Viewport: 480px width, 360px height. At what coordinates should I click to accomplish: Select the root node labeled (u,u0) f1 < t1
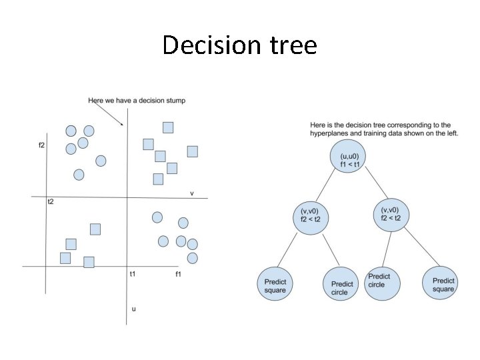[349, 161]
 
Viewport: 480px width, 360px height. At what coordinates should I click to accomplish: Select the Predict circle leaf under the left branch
[342, 287]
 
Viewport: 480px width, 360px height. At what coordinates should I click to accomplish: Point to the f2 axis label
[42, 145]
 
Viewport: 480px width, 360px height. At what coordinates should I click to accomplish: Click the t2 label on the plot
[51, 201]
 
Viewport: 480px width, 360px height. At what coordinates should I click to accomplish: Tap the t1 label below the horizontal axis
[133, 274]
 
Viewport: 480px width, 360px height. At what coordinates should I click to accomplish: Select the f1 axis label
[179, 274]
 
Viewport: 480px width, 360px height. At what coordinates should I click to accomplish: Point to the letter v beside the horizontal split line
[192, 193]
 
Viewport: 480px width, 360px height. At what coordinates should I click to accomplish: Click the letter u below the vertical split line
[133, 309]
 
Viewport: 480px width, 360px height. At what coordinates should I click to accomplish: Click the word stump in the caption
[175, 101]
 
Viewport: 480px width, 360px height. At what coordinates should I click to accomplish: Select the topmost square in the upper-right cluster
[168, 127]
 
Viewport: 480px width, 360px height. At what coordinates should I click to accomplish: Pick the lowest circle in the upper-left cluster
[79, 175]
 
